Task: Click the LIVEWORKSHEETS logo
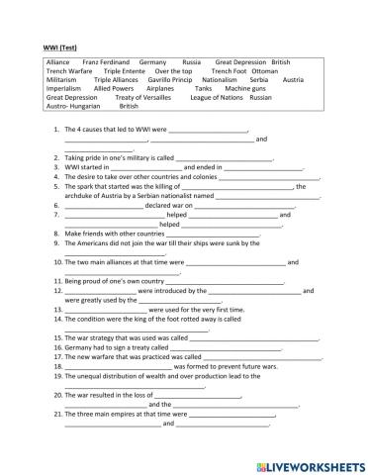pos(307,463)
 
